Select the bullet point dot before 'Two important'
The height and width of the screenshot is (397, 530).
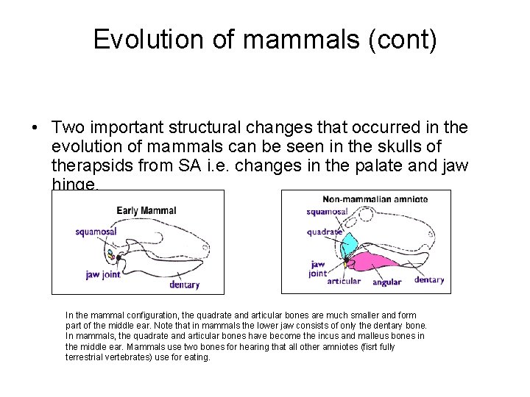(35, 128)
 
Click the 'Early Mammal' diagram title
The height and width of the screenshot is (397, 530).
(146, 211)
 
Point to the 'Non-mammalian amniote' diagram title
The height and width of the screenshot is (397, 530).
(375, 198)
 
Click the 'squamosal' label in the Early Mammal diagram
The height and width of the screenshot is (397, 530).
(96, 232)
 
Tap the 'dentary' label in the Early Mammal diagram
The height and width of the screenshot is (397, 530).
(184, 285)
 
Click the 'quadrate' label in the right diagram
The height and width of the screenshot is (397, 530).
(325, 232)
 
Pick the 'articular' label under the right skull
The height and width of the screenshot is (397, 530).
(344, 282)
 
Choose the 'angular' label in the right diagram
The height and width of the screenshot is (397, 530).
(387, 282)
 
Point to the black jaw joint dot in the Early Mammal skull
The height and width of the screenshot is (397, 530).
(119, 259)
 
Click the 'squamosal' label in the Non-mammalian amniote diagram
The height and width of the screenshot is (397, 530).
(328, 212)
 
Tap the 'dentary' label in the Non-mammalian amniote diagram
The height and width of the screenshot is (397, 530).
(429, 279)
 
